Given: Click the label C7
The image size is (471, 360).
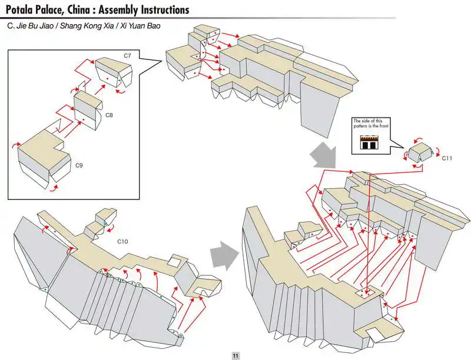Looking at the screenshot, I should [127, 55].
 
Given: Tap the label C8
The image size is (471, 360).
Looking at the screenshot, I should [109, 116].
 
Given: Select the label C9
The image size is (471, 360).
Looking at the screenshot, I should [79, 166].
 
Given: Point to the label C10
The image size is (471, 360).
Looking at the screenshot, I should [123, 242].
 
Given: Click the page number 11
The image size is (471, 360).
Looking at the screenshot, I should [235, 355].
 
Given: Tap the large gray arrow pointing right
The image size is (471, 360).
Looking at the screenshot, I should [224, 254].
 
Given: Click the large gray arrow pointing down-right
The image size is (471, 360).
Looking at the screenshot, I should [322, 154].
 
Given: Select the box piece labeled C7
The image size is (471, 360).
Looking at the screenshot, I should [113, 71].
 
